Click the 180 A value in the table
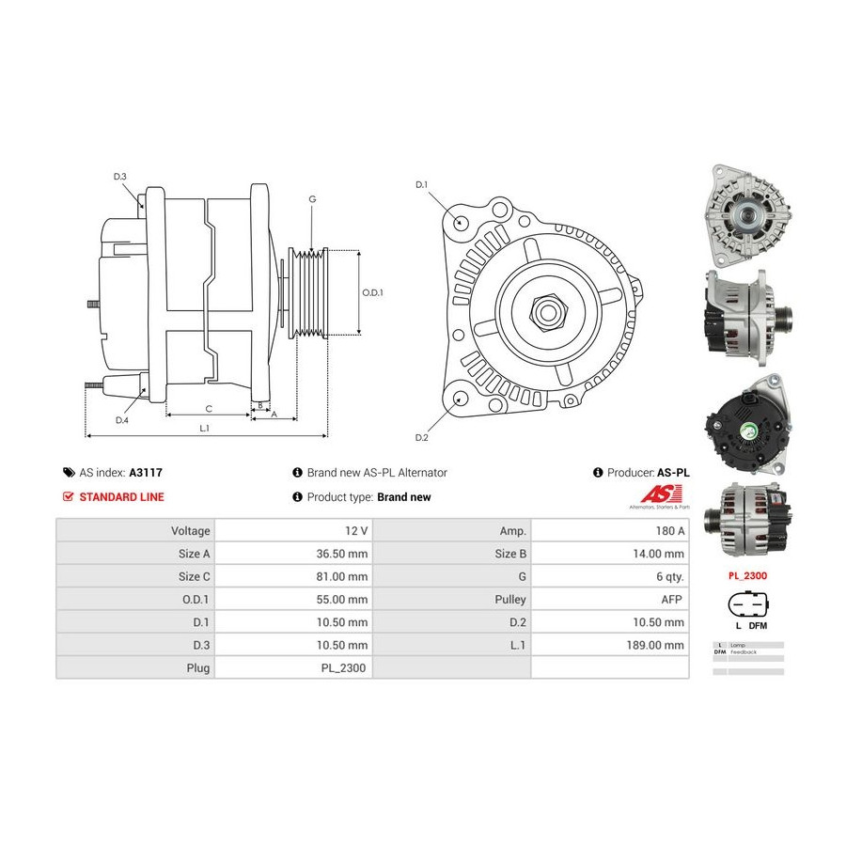click(671, 531)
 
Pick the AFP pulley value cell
click(673, 599)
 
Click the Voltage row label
click(191, 531)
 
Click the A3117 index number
click(147, 473)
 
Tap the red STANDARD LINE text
click(121, 497)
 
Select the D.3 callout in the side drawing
click(120, 178)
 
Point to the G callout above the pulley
click(312, 199)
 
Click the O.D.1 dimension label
click(373, 291)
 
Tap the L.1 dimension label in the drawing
click(204, 429)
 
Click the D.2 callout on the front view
click(421, 438)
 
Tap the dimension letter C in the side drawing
click(208, 409)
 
